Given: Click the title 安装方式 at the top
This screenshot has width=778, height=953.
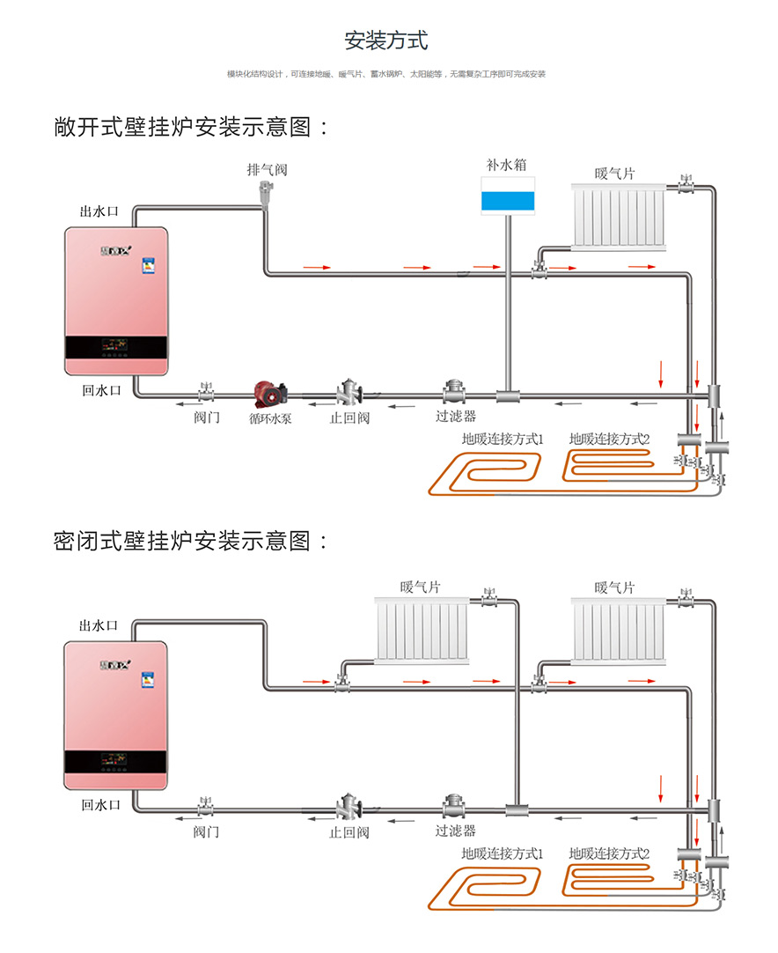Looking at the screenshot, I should [386, 41].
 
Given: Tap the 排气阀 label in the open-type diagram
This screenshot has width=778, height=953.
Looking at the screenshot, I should [267, 169].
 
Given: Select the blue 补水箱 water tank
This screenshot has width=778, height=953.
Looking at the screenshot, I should [509, 195].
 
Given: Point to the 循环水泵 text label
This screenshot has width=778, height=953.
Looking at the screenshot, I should [270, 418].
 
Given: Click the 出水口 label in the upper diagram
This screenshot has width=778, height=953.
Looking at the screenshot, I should [99, 211].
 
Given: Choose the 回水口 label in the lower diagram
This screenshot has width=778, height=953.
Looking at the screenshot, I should [100, 804].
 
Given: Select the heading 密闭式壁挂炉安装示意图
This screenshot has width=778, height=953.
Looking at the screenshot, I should [192, 541].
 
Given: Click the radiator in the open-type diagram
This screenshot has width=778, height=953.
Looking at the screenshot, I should [620, 216].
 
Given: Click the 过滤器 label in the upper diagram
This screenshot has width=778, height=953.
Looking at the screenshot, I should [456, 416].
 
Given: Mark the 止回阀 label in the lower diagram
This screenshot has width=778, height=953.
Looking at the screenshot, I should [349, 831].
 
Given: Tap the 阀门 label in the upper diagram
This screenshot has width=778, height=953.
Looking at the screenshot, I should [207, 417].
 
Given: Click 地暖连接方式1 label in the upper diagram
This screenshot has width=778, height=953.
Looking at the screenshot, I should [503, 438].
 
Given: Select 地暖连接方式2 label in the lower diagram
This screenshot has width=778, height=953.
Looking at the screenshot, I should [609, 853].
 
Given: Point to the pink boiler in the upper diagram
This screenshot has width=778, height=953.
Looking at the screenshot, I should [116, 300].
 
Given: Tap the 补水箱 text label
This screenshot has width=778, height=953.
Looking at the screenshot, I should [508, 165].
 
